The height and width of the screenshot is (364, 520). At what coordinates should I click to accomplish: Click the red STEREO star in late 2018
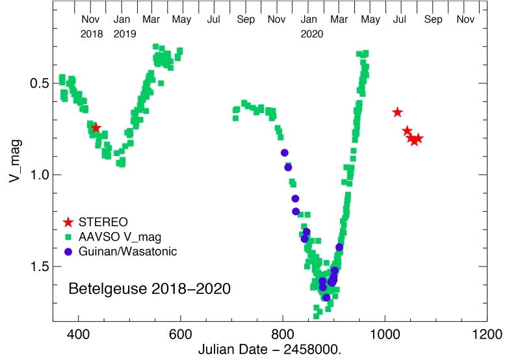pyautogui.click(x=96, y=128)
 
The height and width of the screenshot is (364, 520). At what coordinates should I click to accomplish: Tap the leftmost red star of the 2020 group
pyautogui.click(x=397, y=112)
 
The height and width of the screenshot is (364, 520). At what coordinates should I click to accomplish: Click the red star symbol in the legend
pyautogui.click(x=68, y=222)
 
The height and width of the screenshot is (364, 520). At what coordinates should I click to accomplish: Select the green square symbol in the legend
pyautogui.click(x=68, y=237)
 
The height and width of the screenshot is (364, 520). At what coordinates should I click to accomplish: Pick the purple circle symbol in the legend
pyautogui.click(x=68, y=251)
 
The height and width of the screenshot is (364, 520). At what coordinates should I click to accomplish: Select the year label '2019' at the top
pyautogui.click(x=124, y=34)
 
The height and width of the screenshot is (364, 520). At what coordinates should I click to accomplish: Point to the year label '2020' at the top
pyautogui.click(x=311, y=34)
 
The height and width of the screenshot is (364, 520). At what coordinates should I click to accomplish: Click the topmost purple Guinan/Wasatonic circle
pyautogui.click(x=284, y=153)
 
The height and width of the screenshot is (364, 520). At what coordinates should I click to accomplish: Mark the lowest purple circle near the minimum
pyautogui.click(x=326, y=297)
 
